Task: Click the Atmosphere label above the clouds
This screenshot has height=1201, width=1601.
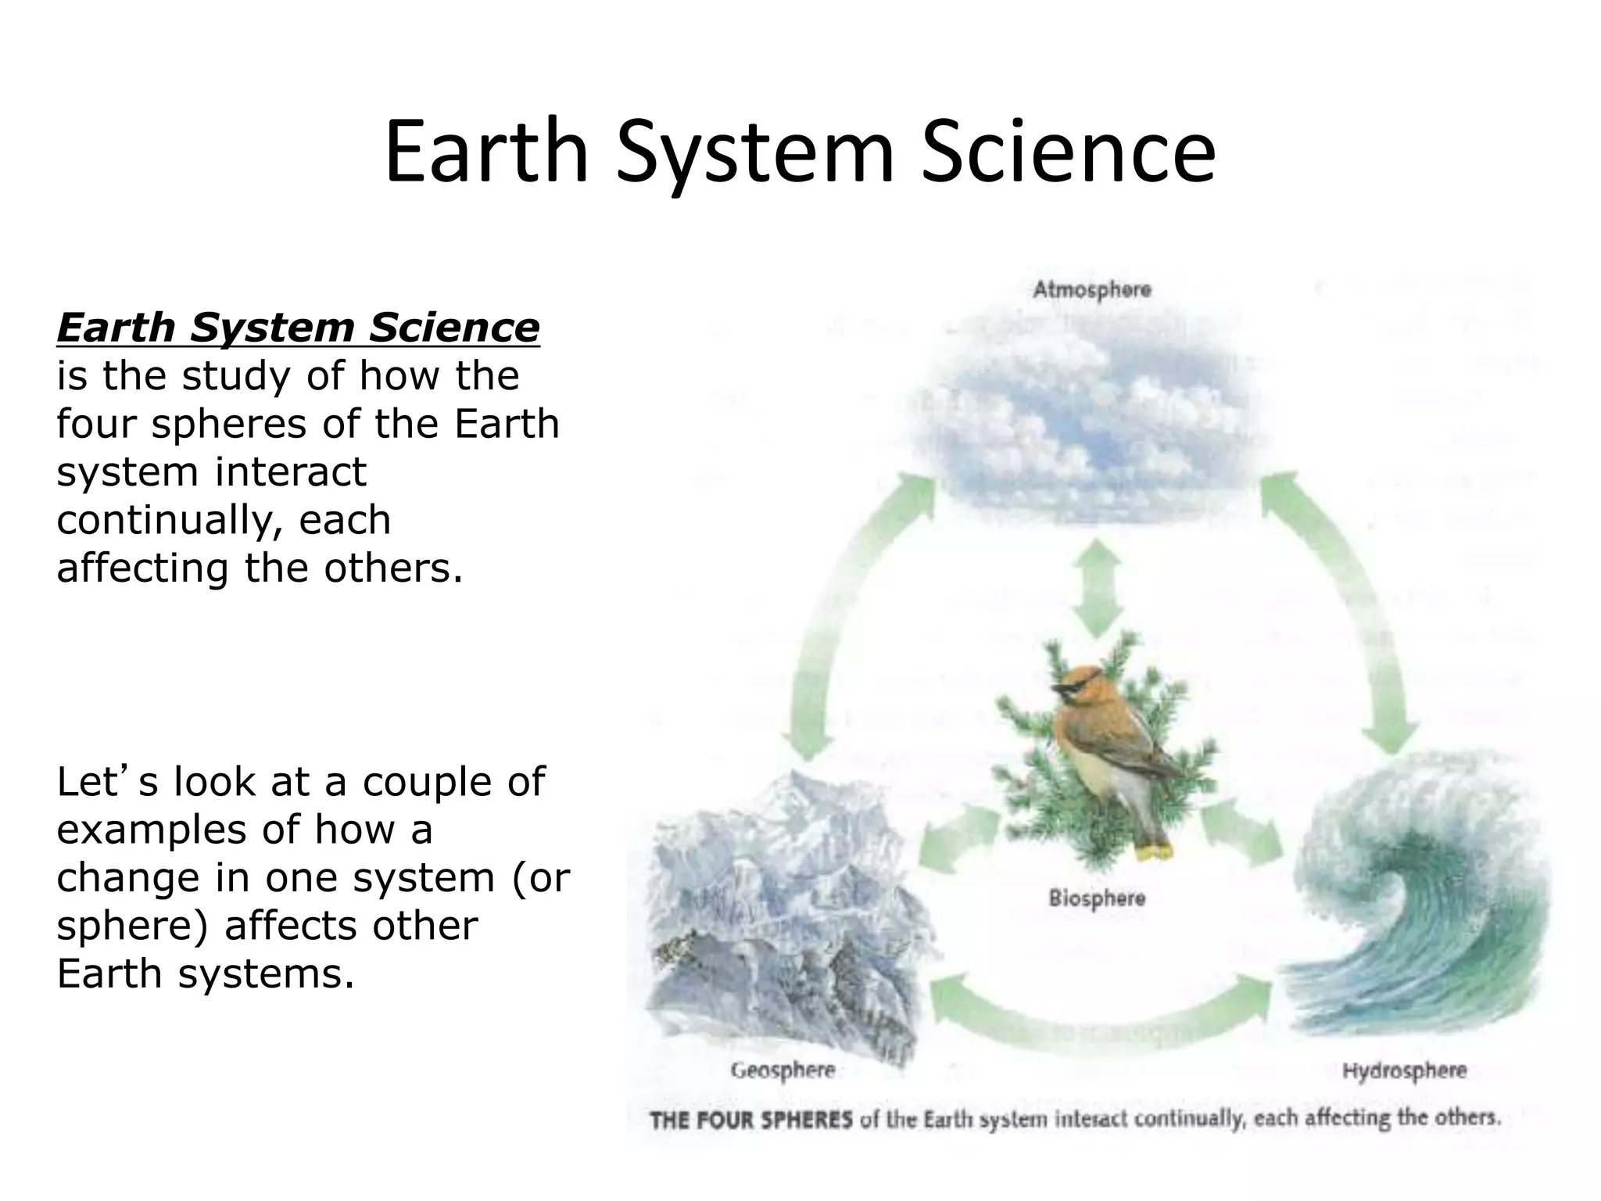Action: (1091, 289)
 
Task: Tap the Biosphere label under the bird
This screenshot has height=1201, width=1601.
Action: (1096, 898)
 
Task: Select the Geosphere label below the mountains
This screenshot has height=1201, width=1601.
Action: (783, 1070)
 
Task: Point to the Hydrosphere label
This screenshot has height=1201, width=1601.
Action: (1404, 1070)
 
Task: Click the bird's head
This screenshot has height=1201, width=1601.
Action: (1075, 685)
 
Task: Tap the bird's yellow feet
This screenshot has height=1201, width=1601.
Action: (1155, 849)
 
